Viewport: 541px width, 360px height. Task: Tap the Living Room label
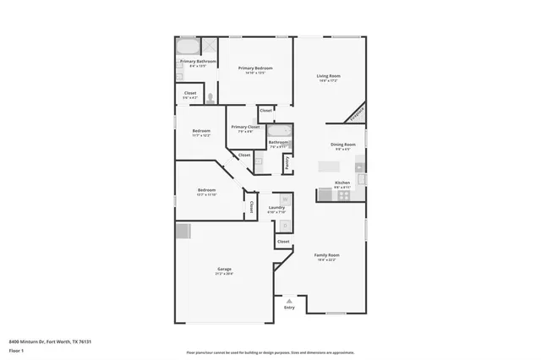click(x=328, y=76)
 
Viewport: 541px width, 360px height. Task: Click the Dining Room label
click(x=342, y=145)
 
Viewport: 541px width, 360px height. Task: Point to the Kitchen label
click(x=342, y=183)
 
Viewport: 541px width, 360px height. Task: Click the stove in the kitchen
click(x=344, y=195)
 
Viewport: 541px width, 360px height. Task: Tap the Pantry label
click(x=287, y=162)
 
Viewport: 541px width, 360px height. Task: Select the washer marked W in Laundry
click(x=286, y=200)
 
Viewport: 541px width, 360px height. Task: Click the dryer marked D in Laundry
click(x=286, y=226)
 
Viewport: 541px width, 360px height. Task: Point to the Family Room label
click(x=326, y=254)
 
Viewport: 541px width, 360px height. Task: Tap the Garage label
click(x=224, y=269)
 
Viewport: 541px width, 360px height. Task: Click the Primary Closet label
click(x=245, y=127)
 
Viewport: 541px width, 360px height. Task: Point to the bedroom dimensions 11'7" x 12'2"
click(x=201, y=135)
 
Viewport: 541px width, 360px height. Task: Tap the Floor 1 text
click(x=17, y=350)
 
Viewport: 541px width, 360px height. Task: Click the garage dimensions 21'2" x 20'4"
click(x=224, y=274)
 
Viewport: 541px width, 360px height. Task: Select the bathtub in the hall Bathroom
click(x=278, y=131)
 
